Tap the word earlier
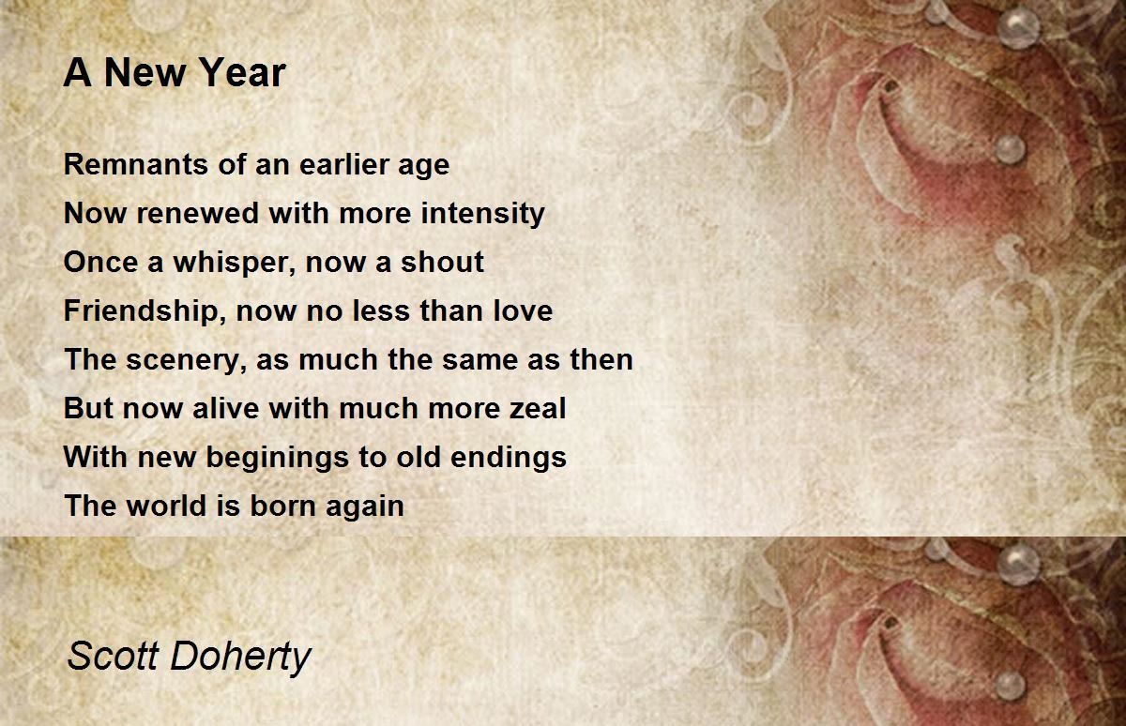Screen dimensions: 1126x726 point(343,164)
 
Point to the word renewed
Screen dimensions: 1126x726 point(198,214)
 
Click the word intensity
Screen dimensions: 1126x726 point(483,215)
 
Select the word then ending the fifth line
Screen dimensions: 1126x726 point(601,360)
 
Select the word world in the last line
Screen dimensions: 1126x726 point(166,506)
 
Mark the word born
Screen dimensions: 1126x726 point(284,506)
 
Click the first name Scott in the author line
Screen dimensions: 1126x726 point(114,657)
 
